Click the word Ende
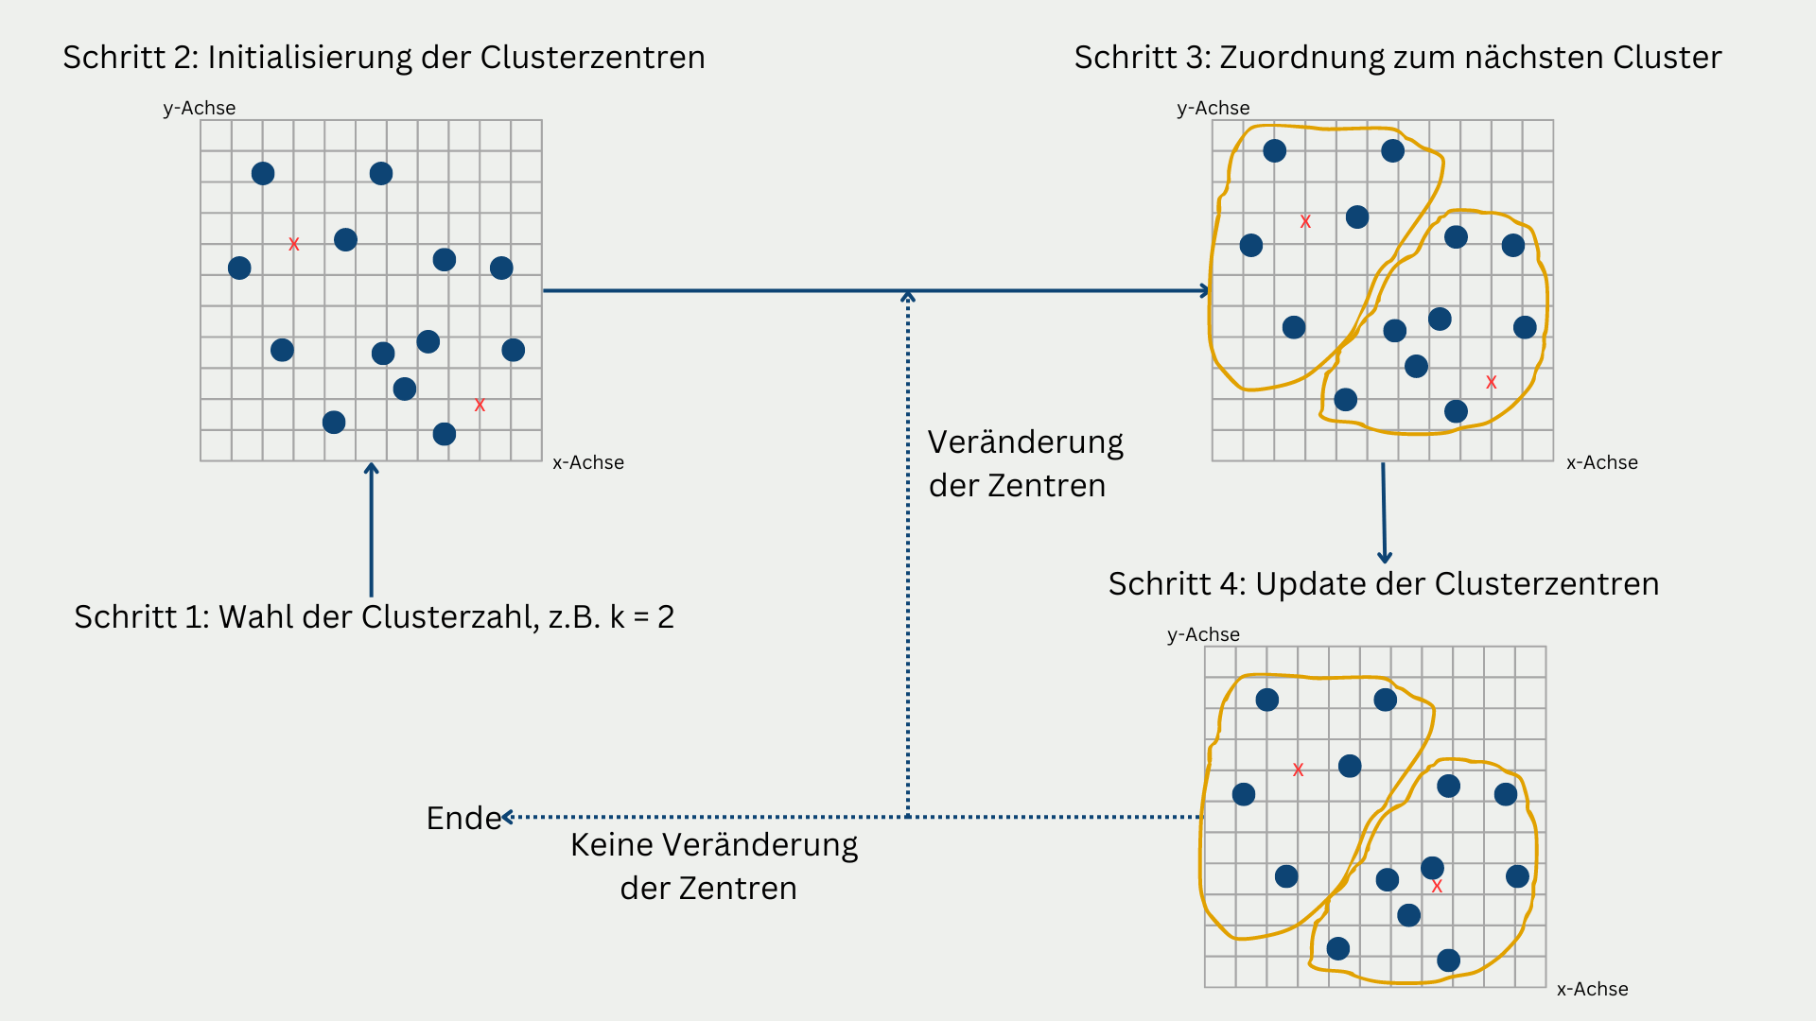click(x=463, y=818)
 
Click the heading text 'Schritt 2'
click(x=130, y=58)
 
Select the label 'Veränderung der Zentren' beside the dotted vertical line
click(x=1024, y=463)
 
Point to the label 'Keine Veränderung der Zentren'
click(x=713, y=866)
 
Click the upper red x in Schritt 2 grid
click(x=294, y=245)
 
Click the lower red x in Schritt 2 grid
click(x=480, y=406)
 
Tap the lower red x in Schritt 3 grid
click(x=1492, y=383)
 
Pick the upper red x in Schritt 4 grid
click(x=1298, y=770)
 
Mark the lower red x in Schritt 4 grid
click(x=1437, y=887)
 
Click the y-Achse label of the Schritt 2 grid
click(x=199, y=108)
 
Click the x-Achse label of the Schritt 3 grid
click(x=1601, y=462)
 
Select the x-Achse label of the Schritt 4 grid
click(x=1592, y=989)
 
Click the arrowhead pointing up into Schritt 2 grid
click(x=372, y=468)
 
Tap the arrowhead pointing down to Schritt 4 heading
click(x=1385, y=558)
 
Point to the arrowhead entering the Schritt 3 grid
click(x=1205, y=291)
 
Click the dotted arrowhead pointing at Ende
click(x=508, y=817)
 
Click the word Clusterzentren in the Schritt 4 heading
click(x=1546, y=584)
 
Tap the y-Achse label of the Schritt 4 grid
click(x=1203, y=634)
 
